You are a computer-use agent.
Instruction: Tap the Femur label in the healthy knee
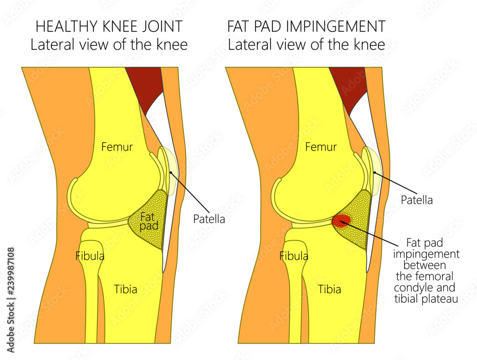coord(117,147)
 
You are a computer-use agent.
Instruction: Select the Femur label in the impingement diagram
coord(321,147)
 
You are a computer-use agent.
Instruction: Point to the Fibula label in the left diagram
coord(90,256)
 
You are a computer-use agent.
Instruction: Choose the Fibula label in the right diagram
coord(293,256)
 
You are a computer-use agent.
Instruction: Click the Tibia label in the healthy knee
coord(126,289)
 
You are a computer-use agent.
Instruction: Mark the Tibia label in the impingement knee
coord(330,289)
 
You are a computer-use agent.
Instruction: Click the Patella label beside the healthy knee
coord(209,219)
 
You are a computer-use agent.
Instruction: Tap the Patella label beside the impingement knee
coord(416,200)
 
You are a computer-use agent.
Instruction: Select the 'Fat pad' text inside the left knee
coord(148,220)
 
